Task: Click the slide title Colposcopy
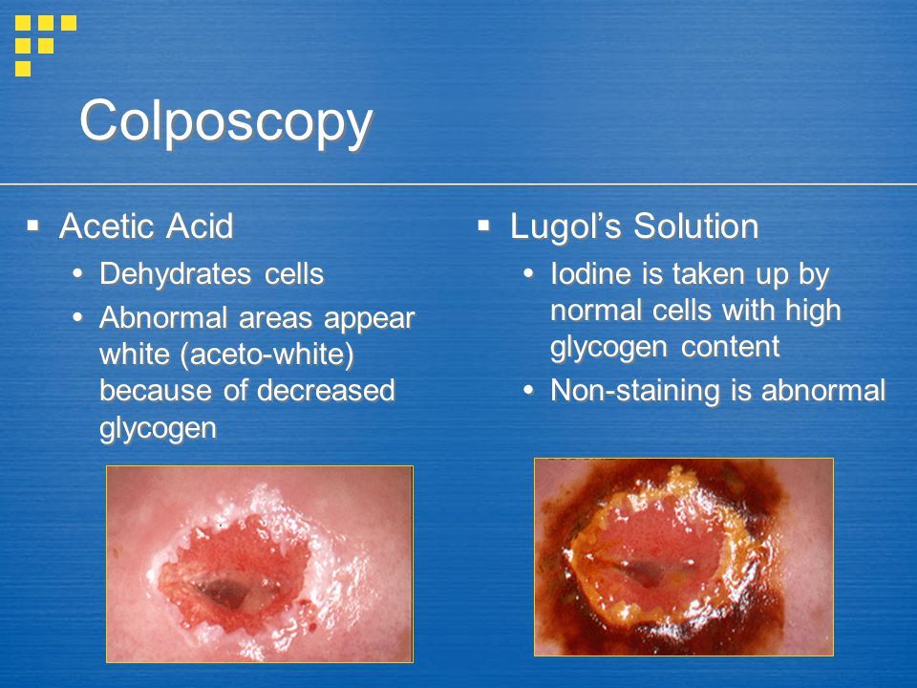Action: coord(225,122)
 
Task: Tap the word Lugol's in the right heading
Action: coord(565,226)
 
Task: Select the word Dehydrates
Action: coord(175,273)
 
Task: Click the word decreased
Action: coord(326,390)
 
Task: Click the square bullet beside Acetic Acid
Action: coord(32,226)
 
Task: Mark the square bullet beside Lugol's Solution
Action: coord(483,226)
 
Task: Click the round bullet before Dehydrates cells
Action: coord(77,273)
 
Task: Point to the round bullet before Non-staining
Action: coord(528,390)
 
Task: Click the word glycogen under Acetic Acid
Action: coord(158,428)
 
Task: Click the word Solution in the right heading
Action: coord(696,226)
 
